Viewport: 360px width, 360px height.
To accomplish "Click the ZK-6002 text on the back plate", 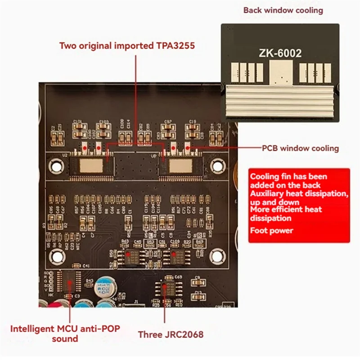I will (x=280, y=53).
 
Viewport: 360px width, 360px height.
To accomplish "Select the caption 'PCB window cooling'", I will (x=300, y=148).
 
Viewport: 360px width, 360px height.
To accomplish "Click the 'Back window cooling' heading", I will (x=283, y=10).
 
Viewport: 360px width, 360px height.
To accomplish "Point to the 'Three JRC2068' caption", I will (x=171, y=334).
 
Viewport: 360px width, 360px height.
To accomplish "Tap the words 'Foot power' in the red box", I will (x=271, y=231).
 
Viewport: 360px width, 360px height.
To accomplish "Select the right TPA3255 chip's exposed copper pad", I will (x=181, y=165).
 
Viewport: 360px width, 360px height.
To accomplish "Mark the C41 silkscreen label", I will (x=86, y=266).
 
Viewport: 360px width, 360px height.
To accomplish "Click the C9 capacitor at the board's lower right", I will (x=196, y=282).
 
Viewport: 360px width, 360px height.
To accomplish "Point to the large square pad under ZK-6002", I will (x=280, y=72).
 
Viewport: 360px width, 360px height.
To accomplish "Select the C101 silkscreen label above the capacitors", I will (x=77, y=122).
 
